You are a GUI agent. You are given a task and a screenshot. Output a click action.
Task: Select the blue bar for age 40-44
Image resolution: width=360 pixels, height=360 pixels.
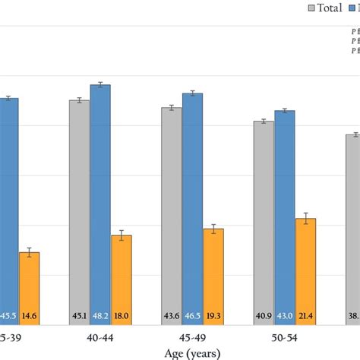[100, 197]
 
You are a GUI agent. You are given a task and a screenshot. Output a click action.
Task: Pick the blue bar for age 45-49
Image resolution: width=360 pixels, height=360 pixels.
[192, 202]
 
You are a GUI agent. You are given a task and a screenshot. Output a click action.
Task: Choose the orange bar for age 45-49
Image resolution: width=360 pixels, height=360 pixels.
[213, 270]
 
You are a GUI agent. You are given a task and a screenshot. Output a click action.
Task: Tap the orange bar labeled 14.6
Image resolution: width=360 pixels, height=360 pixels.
[29, 281]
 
